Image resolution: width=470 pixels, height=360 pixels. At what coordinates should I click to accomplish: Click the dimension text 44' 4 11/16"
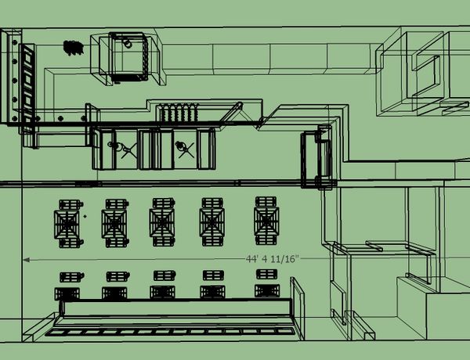[x=273, y=259]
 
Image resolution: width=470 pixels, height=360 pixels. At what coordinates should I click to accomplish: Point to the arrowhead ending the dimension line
[x=26, y=260]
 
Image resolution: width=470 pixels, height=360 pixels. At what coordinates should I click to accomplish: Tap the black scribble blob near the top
[x=73, y=48]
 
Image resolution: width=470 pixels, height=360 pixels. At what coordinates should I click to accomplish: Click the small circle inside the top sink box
[x=128, y=44]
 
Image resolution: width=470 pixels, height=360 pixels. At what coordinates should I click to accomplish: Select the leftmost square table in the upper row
[x=67, y=225]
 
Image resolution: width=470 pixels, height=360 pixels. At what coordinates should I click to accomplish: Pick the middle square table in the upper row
[x=162, y=222]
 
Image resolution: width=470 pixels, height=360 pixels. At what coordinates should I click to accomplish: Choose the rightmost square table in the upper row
[x=266, y=221]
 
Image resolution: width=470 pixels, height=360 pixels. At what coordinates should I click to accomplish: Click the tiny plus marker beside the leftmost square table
[x=85, y=216]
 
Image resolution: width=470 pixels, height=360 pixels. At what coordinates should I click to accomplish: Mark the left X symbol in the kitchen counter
[x=129, y=150]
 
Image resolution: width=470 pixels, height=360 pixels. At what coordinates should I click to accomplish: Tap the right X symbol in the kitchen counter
[x=186, y=150]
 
